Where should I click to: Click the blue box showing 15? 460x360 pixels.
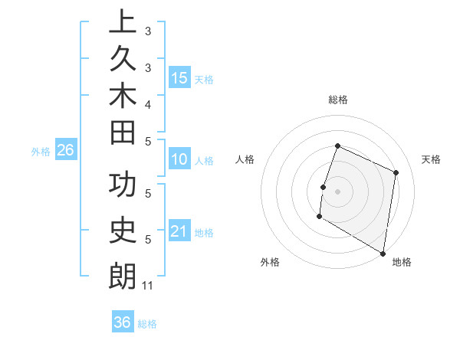pos(179,77)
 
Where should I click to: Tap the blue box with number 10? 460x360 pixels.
pos(179,159)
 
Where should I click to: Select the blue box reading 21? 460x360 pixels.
pos(179,231)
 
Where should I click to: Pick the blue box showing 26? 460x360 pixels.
pos(65,150)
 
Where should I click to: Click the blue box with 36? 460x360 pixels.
pos(123,322)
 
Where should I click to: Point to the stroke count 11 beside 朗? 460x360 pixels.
pos(148,286)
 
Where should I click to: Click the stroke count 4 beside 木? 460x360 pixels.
pos(148,103)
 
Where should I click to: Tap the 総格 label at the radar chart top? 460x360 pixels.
pos(337,100)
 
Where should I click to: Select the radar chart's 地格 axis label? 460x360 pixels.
pos(402,262)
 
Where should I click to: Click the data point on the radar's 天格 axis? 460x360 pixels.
pos(396,172)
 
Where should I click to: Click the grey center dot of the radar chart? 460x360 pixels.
pos(337,191)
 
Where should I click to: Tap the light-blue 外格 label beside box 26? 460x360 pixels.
pos(41,151)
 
